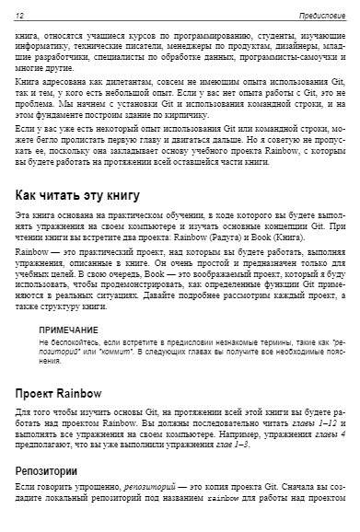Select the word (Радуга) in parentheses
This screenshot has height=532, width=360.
pyautogui.click(x=238, y=237)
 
